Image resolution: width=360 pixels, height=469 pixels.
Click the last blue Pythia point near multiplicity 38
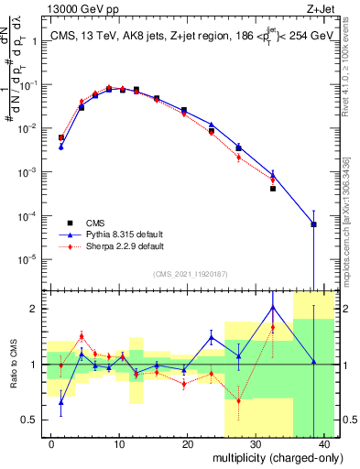click(313, 224)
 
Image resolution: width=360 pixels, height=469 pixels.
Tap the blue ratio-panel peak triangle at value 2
click(273, 307)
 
